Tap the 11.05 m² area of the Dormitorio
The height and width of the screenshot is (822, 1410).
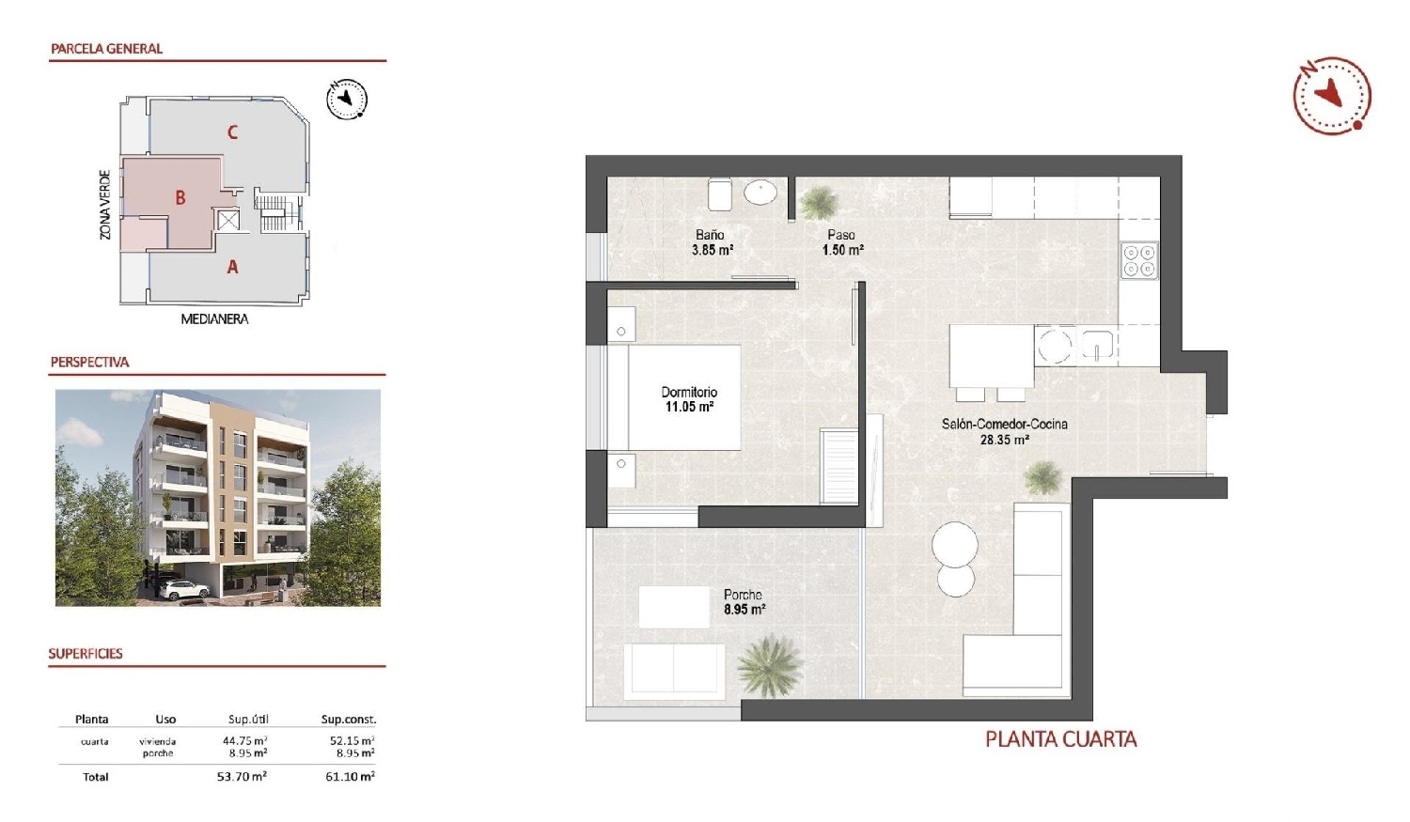689,407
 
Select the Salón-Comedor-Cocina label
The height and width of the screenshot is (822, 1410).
1004,424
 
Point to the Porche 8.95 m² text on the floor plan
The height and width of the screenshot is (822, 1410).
744,602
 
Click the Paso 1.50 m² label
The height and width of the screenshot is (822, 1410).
842,242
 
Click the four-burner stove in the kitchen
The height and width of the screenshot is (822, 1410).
1139,260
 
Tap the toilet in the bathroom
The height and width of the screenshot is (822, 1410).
721,195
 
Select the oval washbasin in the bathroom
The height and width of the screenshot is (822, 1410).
760,194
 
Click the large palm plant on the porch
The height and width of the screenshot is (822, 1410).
771,666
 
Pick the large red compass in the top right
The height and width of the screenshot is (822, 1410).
1331,95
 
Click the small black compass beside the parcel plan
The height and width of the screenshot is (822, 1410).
347,100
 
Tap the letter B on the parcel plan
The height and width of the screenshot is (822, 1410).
180,198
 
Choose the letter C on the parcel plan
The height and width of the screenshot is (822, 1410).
232,132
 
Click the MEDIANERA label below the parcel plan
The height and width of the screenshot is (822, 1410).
214,319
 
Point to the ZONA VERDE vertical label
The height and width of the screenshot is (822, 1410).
105,205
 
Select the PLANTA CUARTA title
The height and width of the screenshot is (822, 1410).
1060,739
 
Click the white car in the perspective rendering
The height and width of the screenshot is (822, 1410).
183,589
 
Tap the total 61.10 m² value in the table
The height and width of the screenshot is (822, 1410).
350,777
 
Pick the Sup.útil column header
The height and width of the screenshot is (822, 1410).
248,720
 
